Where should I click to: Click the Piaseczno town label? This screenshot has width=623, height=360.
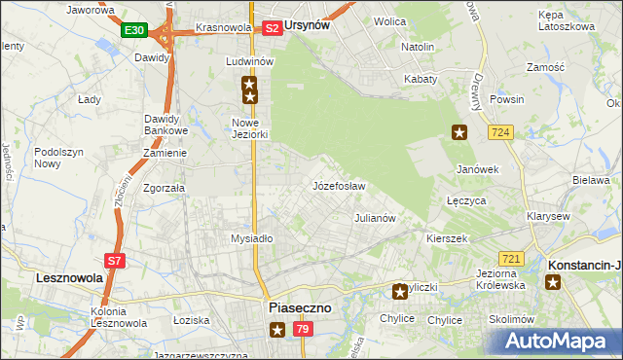click(x=299, y=306)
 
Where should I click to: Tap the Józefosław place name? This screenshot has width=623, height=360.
click(x=339, y=185)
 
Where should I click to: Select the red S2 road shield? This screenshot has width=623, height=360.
click(x=273, y=28)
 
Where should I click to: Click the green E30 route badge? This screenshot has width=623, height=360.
click(x=134, y=31)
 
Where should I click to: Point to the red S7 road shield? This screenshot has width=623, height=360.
click(x=115, y=261)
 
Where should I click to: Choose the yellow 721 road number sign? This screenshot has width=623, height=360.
click(x=512, y=258)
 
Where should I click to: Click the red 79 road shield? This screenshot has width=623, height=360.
click(x=302, y=332)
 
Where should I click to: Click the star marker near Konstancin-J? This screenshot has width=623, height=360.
click(x=553, y=282)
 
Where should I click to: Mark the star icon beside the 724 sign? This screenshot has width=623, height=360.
click(x=459, y=132)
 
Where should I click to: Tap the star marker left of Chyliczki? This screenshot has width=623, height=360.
click(x=399, y=291)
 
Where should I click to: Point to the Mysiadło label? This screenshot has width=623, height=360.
click(x=251, y=238)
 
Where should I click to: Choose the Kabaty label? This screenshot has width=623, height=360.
click(x=421, y=79)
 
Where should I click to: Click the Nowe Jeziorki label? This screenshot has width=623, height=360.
click(x=250, y=128)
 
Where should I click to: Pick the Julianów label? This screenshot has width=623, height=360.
click(x=375, y=218)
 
